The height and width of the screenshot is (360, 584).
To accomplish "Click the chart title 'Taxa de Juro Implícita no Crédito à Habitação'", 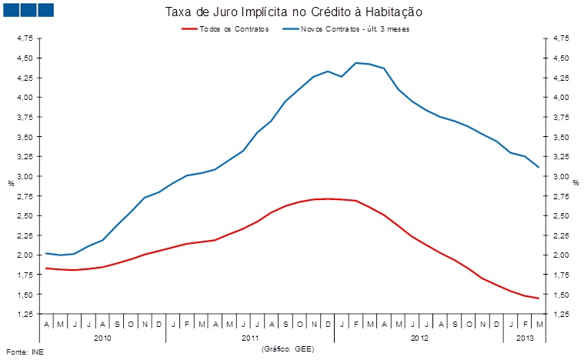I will tap(294, 13).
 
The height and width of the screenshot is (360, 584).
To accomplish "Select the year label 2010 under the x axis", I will tap(102, 337).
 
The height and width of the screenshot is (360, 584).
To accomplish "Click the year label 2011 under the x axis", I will tap(250, 337).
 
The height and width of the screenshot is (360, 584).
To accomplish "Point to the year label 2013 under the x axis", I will tap(524, 337).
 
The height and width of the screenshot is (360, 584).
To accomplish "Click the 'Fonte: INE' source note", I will tap(21, 352).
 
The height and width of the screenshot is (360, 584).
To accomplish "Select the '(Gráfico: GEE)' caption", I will tap(288, 348).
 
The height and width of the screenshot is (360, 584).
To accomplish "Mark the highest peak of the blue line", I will tap(356, 62).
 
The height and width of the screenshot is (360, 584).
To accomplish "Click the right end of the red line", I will tap(539, 298).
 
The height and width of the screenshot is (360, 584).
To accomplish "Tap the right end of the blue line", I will tap(539, 167).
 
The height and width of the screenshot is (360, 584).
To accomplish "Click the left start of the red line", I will tap(46, 268).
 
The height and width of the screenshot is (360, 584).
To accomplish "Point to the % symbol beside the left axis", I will tap(11, 183).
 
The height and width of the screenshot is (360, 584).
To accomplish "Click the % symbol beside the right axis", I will tap(575, 183).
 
